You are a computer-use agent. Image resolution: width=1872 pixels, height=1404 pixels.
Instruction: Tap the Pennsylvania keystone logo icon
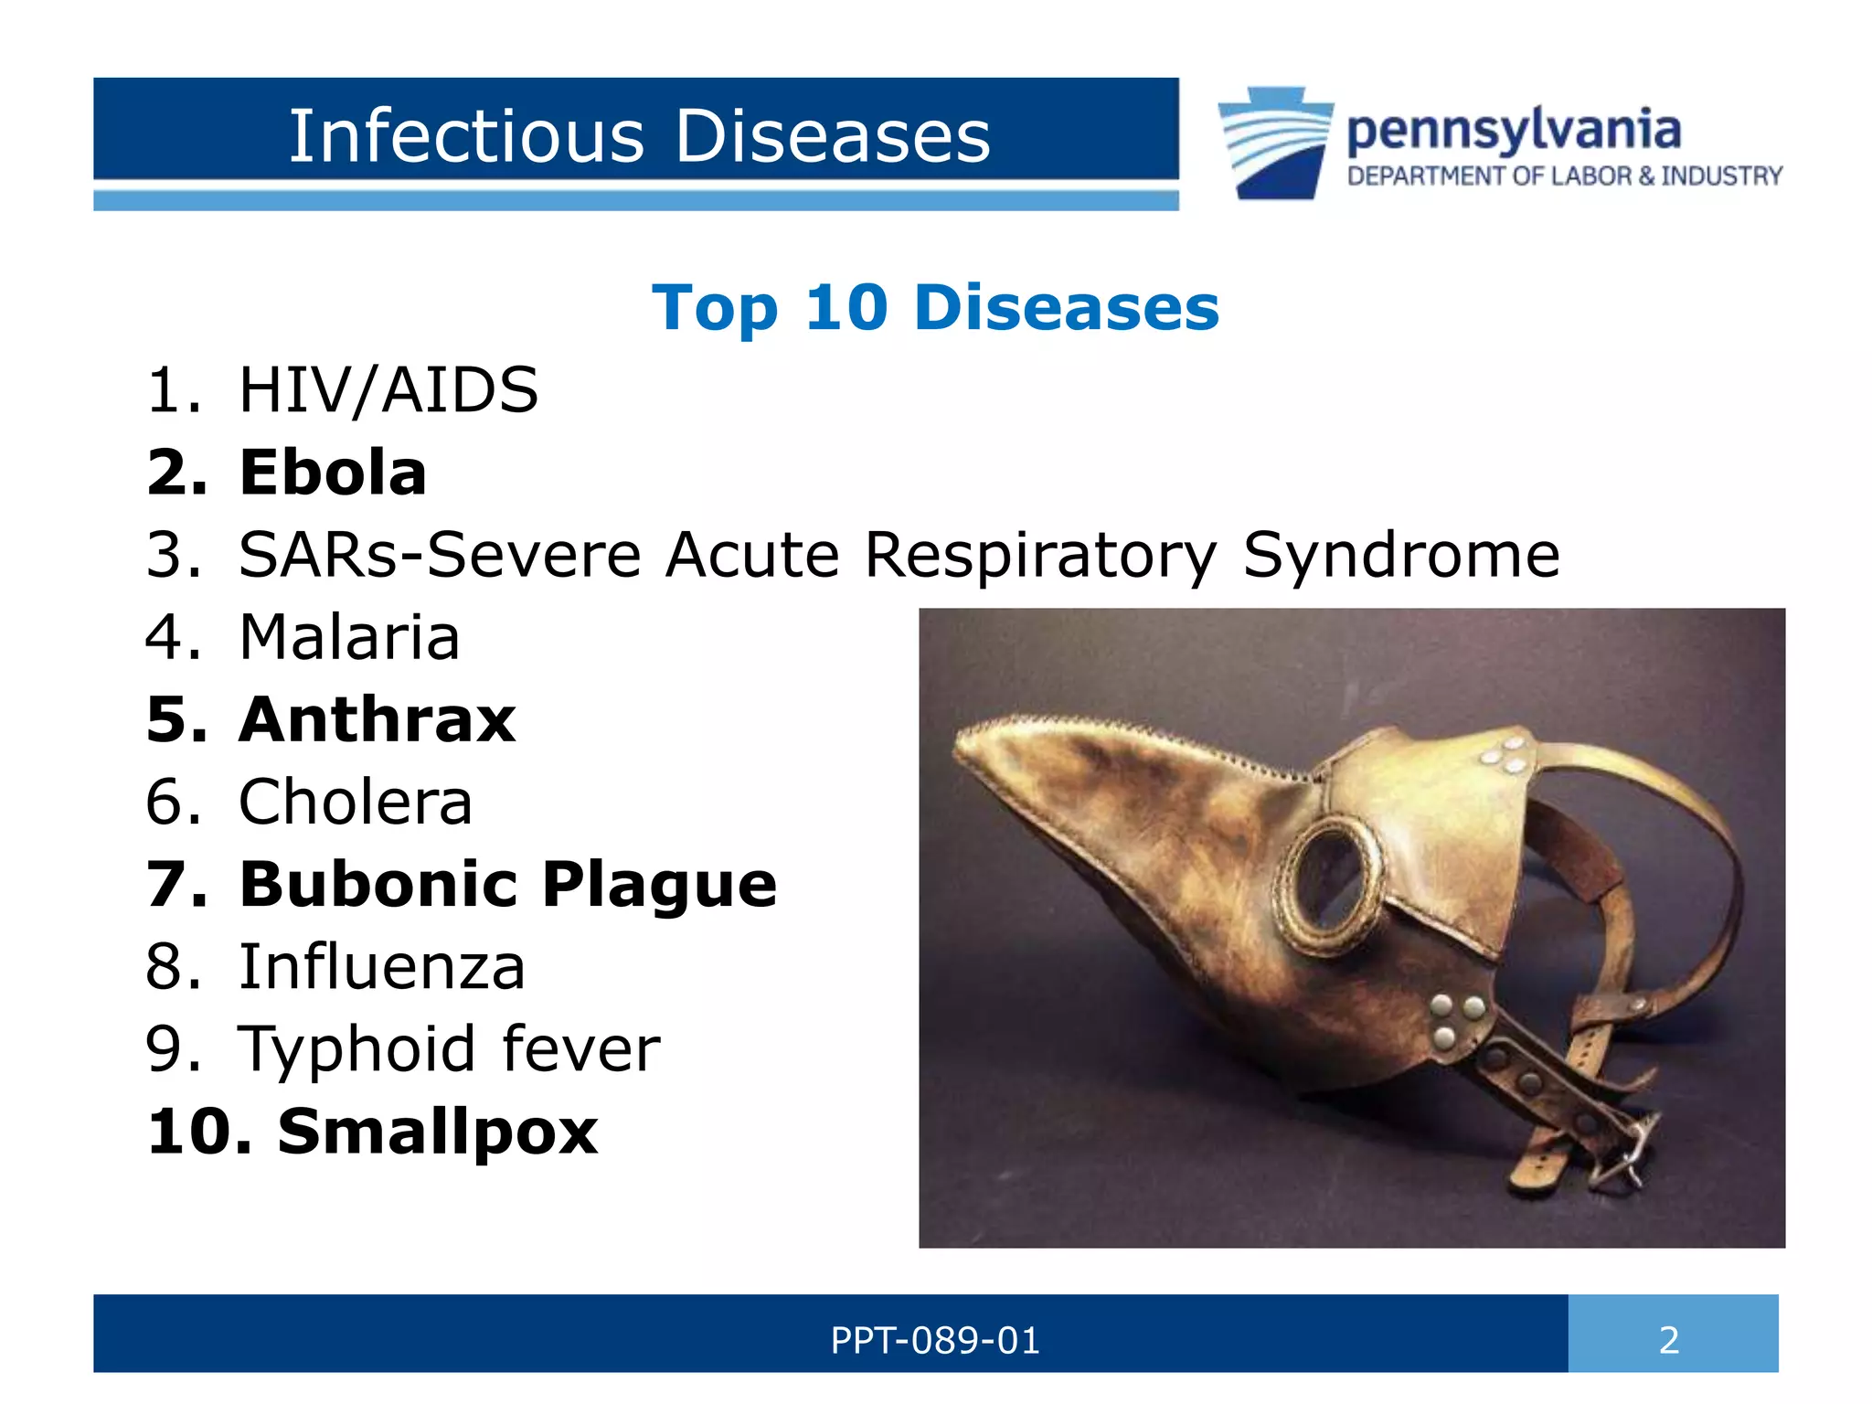1275,142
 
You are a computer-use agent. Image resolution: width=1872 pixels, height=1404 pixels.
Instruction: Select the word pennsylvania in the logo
1513,130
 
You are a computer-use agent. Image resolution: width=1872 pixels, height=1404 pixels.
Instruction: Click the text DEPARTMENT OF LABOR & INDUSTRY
1564,175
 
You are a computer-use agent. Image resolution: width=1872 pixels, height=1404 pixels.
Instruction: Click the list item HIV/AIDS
388,390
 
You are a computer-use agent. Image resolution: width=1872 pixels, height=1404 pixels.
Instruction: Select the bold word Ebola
333,473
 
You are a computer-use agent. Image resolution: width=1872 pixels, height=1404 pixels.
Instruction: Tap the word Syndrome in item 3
1400,555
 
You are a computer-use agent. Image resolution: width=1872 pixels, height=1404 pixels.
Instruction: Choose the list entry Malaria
348,637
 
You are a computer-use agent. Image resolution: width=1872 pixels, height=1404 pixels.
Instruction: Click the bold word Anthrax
377,719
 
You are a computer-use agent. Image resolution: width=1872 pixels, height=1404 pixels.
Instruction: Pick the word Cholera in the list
355,802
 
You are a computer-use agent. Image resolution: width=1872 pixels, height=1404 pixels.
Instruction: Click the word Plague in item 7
659,884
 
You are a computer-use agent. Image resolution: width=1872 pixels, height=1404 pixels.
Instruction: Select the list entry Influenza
381,966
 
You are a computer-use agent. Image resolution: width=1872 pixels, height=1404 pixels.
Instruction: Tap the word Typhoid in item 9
356,1048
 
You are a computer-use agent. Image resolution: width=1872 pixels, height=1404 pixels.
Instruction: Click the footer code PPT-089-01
934,1340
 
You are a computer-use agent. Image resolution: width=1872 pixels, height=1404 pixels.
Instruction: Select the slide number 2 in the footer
1669,1340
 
